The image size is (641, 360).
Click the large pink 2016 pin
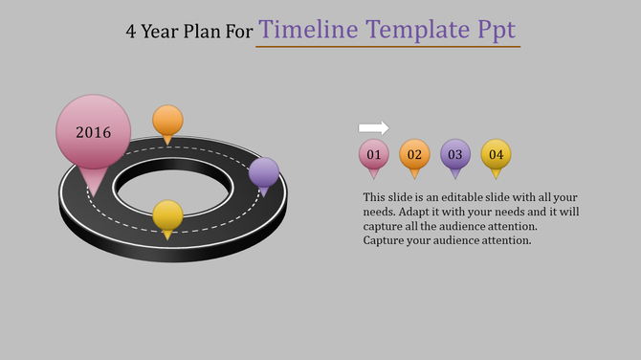click(x=93, y=133)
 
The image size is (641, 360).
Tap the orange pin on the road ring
click(x=167, y=122)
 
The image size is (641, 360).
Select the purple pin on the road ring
click(x=264, y=173)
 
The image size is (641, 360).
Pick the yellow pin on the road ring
click(x=167, y=215)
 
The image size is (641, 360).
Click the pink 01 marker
click(x=373, y=154)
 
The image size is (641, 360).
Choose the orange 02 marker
click(x=414, y=154)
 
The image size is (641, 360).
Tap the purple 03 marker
click(x=455, y=154)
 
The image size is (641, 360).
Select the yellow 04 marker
click(x=496, y=154)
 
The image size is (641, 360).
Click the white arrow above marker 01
click(x=373, y=127)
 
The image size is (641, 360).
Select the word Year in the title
click(x=162, y=31)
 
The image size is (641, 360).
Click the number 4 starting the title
click(x=131, y=31)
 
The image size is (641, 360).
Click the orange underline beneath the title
click(x=387, y=46)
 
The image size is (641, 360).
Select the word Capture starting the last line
click(x=386, y=240)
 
